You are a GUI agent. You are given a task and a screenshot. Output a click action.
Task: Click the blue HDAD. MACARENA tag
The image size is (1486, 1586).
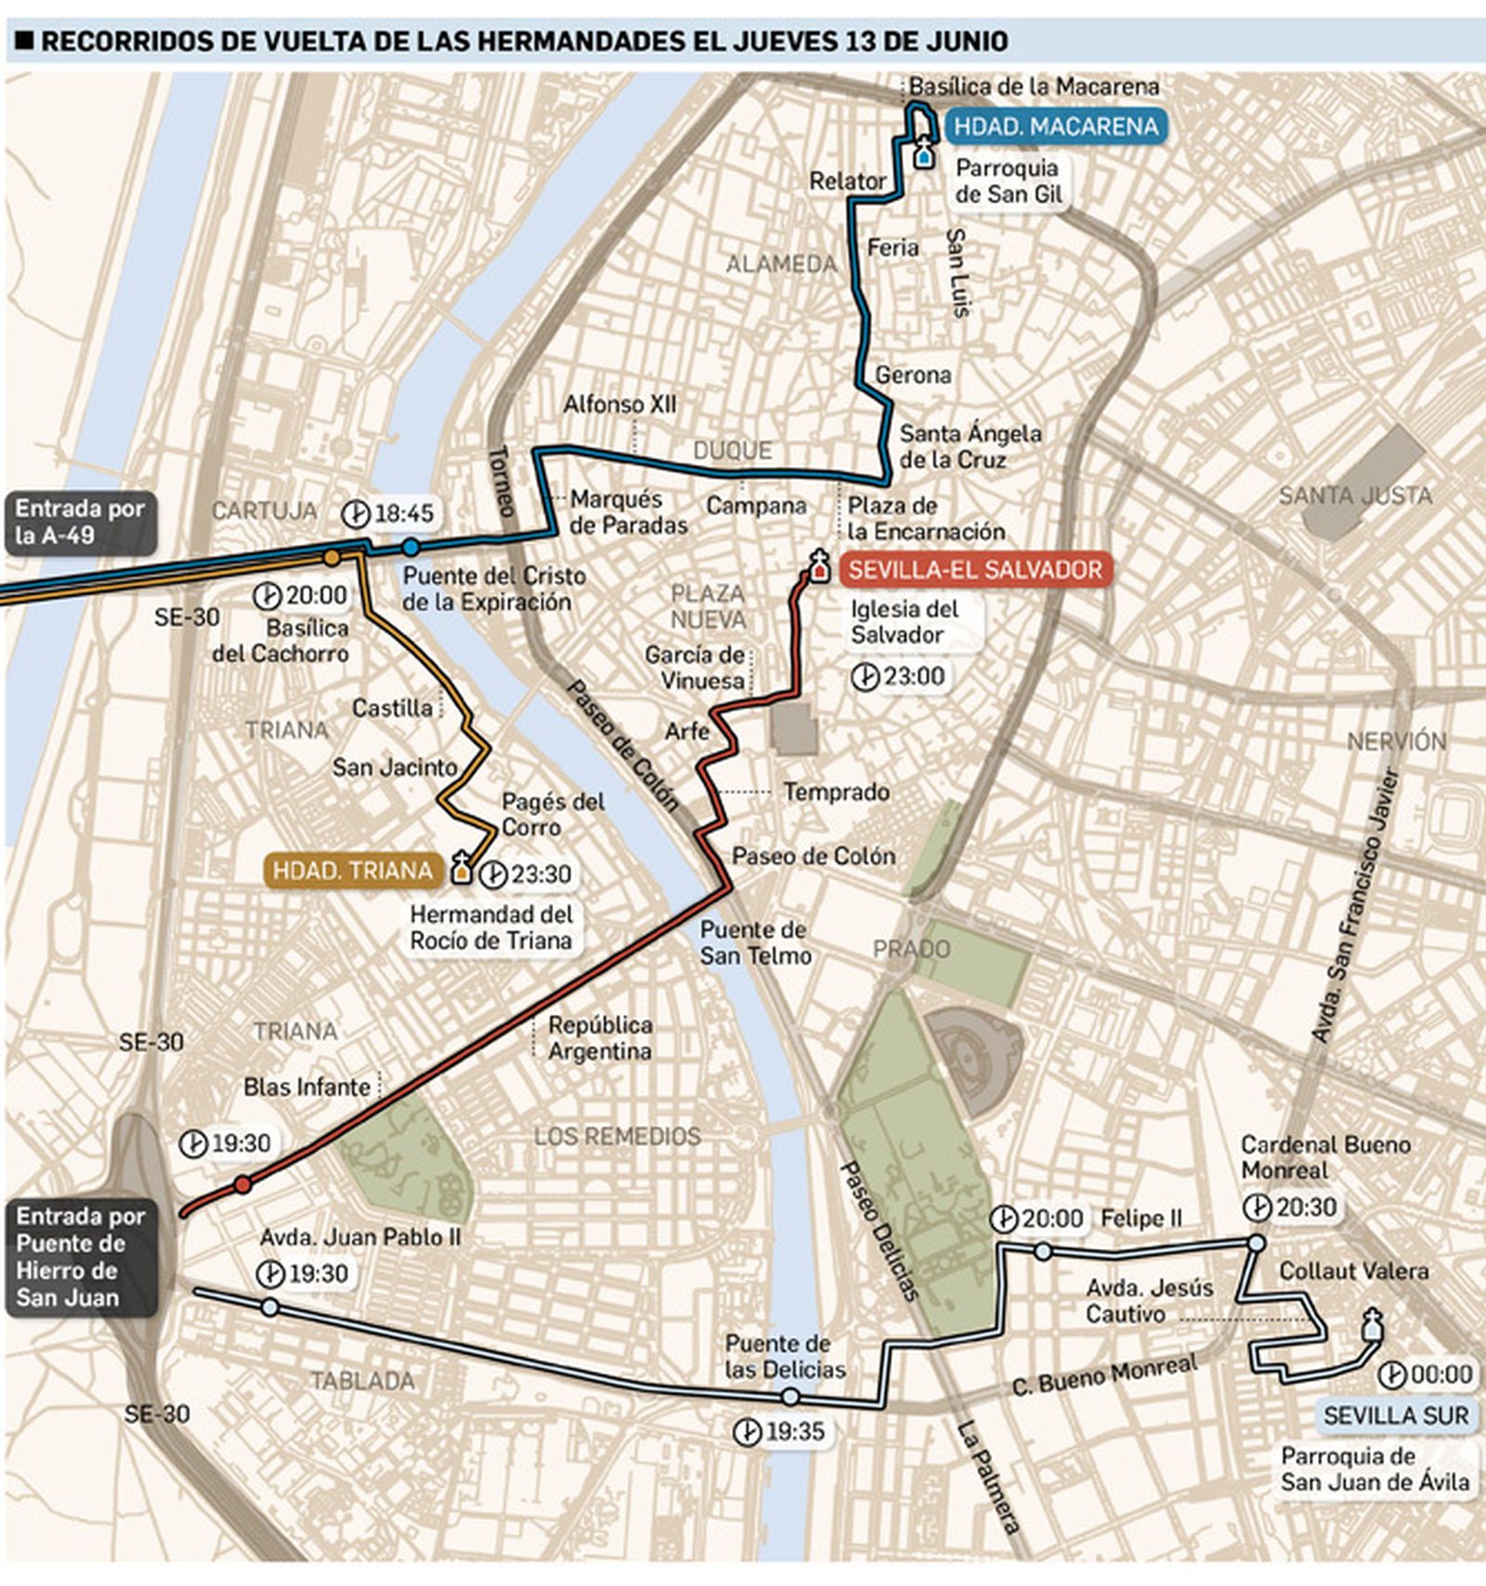[1056, 126]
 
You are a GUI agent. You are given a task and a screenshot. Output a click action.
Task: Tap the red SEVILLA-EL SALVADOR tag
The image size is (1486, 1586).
[974, 569]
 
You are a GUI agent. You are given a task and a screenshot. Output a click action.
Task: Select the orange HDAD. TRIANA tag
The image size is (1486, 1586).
[353, 870]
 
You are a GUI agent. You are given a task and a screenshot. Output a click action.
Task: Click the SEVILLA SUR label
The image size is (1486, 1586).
[1396, 1415]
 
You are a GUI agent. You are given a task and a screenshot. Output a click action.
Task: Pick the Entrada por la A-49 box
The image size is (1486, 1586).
[80, 522]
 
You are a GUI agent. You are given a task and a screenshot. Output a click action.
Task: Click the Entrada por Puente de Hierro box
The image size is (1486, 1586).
[81, 1256]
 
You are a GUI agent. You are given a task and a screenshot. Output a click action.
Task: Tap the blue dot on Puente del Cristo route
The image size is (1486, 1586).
[410, 547]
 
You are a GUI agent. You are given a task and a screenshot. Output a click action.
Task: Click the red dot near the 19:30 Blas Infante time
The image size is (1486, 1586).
[242, 1184]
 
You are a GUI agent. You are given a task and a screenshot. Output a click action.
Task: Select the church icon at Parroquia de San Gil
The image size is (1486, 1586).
[923, 152]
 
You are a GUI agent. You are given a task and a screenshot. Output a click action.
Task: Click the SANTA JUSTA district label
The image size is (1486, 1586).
[1355, 496]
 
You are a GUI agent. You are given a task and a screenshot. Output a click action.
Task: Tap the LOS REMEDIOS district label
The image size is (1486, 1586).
[618, 1136]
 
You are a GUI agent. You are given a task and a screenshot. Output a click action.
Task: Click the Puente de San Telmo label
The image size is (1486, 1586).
[755, 942]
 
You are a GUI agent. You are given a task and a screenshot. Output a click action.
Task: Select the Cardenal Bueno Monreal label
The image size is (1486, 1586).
[1325, 1157]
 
